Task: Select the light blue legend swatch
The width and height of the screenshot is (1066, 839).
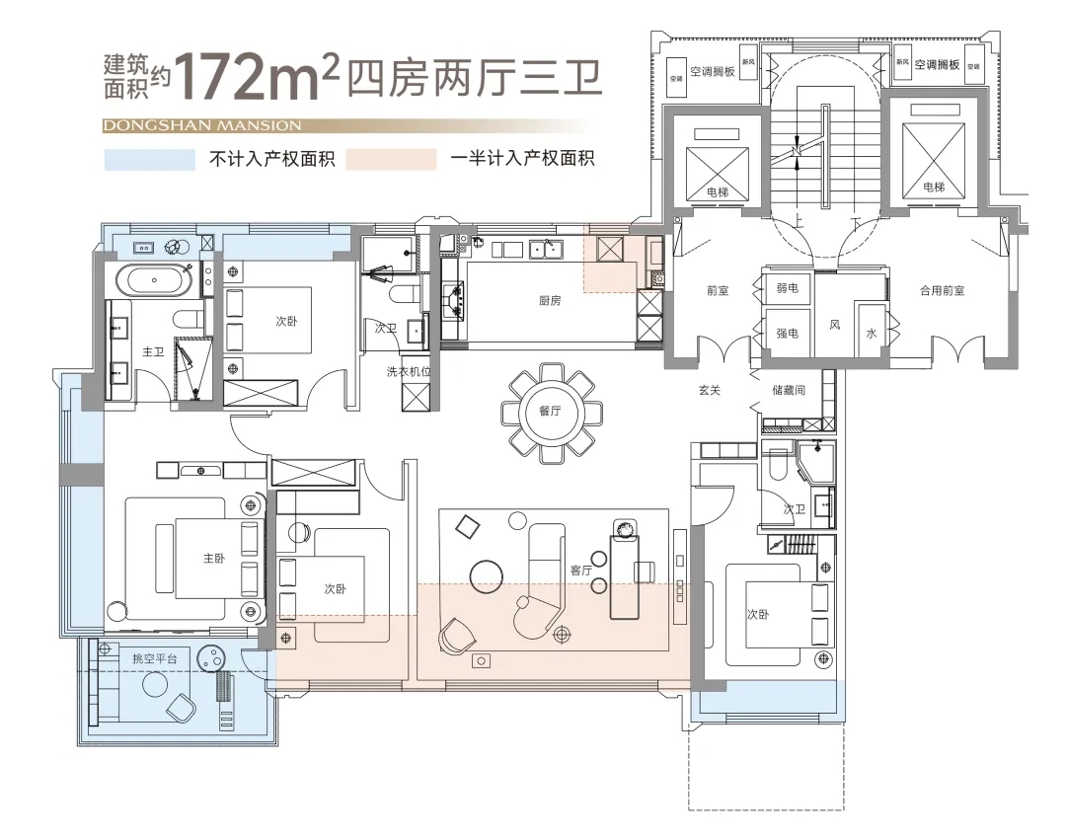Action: [149, 159]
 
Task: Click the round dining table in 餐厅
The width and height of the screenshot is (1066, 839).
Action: [550, 412]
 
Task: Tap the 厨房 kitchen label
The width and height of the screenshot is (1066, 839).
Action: [550, 301]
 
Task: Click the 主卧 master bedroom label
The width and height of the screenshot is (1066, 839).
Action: [214, 559]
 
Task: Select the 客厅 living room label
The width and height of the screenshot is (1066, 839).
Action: [580, 570]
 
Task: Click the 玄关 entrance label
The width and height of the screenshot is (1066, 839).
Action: [709, 391]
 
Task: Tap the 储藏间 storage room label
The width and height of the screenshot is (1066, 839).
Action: [788, 391]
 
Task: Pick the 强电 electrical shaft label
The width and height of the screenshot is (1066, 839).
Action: [787, 334]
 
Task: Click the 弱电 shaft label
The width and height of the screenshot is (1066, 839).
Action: [787, 288]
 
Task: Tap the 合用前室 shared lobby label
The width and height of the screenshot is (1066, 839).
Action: [941, 291]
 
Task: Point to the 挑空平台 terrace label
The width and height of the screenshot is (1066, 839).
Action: [153, 657]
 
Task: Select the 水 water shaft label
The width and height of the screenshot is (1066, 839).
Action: [871, 334]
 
